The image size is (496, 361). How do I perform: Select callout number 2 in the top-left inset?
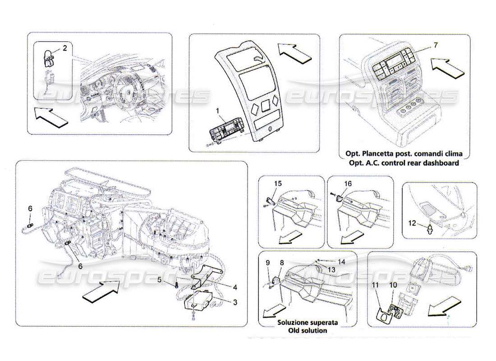click(x=64, y=47)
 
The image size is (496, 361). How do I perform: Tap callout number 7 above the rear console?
click(x=435, y=45)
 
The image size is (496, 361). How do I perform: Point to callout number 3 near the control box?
click(x=235, y=287)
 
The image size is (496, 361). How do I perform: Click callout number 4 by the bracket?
click(x=160, y=280)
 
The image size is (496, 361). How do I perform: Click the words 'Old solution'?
click(x=309, y=330)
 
